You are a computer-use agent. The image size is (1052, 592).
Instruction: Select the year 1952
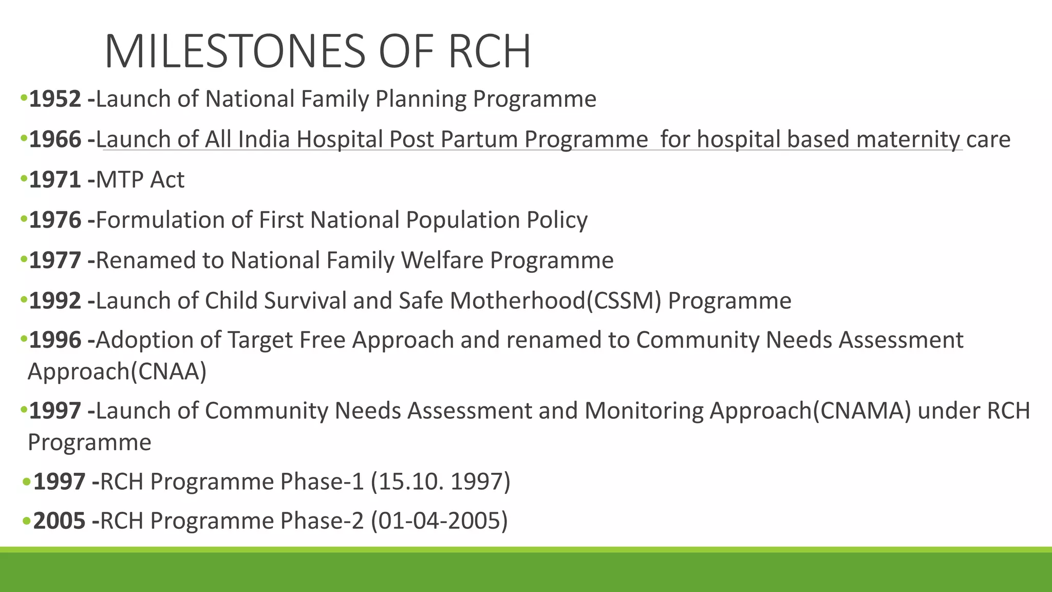pos(55,99)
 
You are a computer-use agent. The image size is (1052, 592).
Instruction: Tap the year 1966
pos(55,139)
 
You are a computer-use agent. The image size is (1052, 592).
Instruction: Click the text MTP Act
pos(140,180)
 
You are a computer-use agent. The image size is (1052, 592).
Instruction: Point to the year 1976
pos(55,220)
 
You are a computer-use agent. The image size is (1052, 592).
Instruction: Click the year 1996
pos(55,340)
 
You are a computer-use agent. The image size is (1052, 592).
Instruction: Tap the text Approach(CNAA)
pos(117,371)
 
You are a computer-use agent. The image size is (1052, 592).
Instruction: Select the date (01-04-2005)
pos(439,521)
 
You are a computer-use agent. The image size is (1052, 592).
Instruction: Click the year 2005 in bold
pos(59,521)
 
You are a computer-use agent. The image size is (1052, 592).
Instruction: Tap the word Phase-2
pos(322,521)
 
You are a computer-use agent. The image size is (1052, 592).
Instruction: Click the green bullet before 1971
pos(23,179)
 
